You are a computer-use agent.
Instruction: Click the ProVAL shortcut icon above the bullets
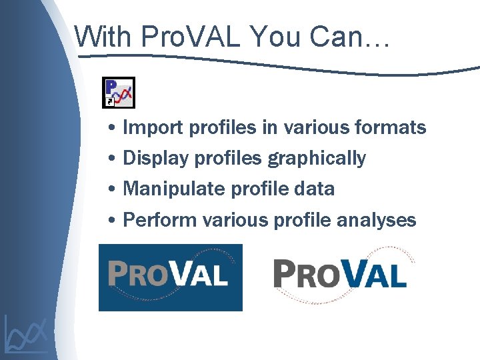pyautogui.click(x=118, y=93)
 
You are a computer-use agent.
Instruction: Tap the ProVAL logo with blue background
pyautogui.click(x=170, y=277)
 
